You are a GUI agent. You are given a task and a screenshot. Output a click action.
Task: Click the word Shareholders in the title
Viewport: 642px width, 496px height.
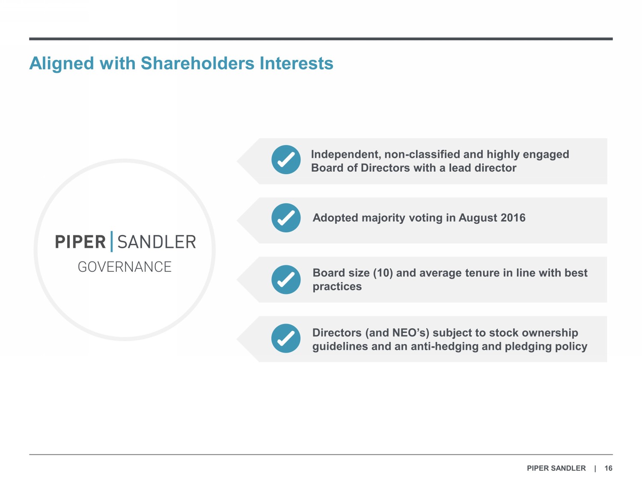197,63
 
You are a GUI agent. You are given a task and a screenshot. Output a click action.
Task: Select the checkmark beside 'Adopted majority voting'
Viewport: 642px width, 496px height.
286,218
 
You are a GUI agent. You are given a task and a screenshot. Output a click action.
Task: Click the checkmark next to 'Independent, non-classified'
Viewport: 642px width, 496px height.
286,160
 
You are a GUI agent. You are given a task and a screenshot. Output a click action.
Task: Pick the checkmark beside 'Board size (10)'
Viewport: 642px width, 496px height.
286,279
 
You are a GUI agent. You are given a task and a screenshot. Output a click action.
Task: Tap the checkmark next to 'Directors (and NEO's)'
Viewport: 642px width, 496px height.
286,339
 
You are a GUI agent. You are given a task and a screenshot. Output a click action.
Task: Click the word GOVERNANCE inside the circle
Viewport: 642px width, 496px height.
125,267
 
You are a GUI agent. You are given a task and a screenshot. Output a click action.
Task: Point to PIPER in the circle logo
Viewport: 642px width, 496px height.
80,242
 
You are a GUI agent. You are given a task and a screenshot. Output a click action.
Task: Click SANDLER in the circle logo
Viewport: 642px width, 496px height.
157,242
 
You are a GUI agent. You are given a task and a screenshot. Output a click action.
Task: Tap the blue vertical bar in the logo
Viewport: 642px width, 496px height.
112,242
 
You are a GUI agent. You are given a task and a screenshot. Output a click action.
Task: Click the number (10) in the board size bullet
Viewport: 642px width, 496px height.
383,273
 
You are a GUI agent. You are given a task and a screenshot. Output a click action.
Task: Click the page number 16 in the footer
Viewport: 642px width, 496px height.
608,468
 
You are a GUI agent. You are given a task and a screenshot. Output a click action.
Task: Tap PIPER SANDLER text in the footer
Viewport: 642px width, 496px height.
556,468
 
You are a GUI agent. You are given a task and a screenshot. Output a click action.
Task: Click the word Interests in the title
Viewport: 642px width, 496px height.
296,63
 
